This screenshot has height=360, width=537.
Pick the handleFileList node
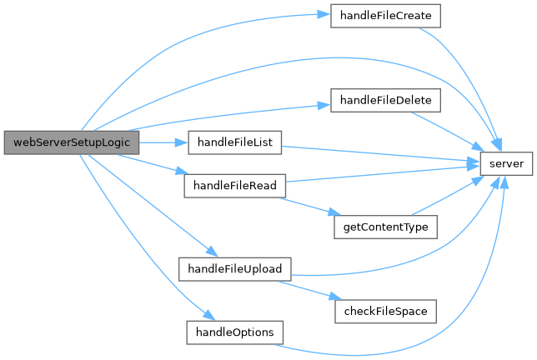point(234,142)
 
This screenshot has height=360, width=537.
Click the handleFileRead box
point(235,184)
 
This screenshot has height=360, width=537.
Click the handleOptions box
point(234,331)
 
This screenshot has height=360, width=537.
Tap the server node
point(506,163)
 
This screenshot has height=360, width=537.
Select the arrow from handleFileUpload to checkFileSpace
point(309,291)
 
